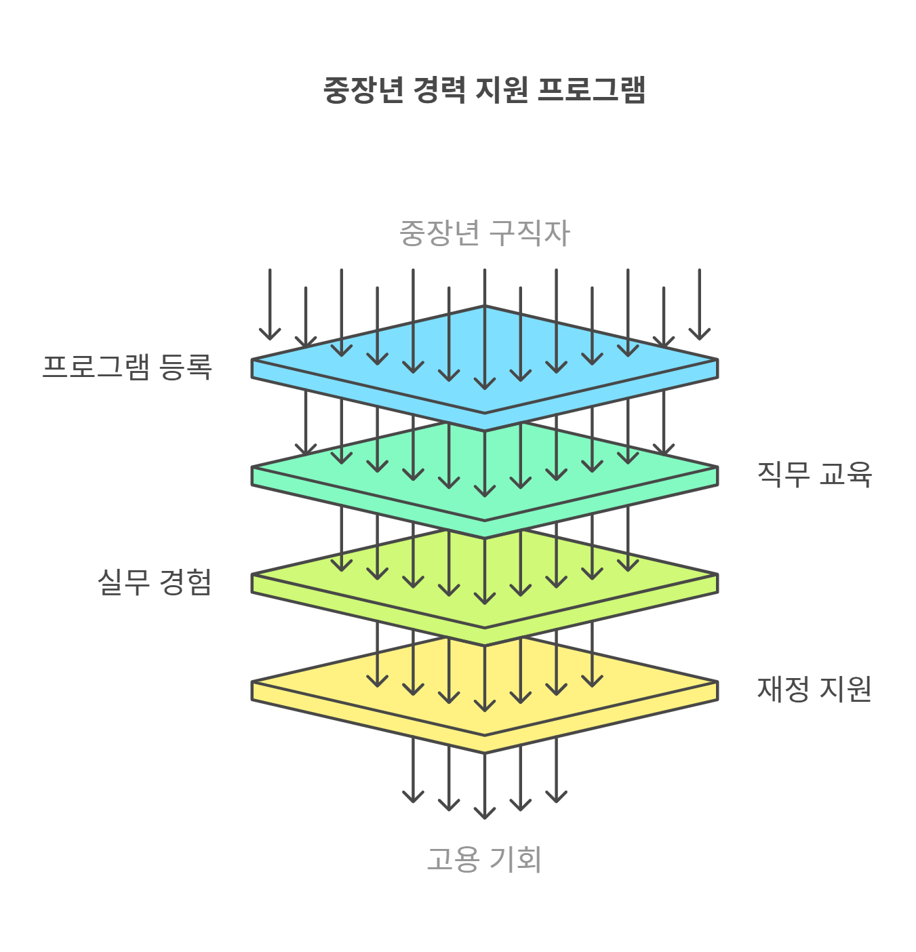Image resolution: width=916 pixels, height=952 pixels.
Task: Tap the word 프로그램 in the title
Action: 591,90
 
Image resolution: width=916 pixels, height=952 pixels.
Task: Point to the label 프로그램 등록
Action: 127,367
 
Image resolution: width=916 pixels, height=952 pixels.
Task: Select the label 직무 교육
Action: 814,474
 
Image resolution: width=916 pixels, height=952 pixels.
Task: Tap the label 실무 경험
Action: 155,582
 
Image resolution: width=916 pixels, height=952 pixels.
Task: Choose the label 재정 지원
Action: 814,689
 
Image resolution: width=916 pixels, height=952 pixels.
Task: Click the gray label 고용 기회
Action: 484,859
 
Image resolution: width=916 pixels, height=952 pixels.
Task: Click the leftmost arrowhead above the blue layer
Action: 270,334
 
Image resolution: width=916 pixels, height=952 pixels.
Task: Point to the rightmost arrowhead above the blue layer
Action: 699,334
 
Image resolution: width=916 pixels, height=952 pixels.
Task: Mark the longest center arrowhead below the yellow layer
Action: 484,813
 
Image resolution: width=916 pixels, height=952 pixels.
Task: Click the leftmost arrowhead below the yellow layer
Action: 413,797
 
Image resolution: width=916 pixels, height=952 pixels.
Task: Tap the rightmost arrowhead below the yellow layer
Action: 556,797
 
